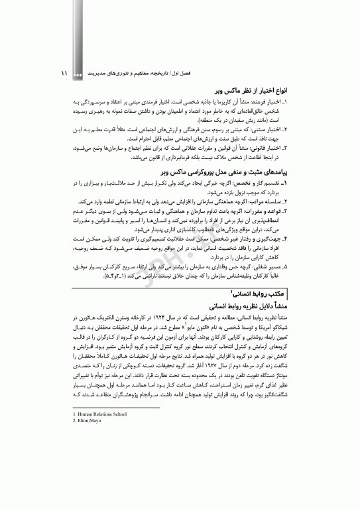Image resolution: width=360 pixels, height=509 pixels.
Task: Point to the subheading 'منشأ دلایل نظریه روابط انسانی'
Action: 253,306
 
